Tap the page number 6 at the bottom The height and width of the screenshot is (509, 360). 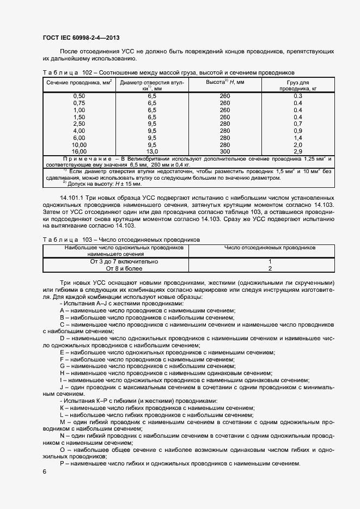click(x=44, y=471)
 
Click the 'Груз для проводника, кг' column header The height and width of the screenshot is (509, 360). click(x=298, y=85)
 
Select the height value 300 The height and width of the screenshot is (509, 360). click(x=225, y=151)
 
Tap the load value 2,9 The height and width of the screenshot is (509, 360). click(x=298, y=151)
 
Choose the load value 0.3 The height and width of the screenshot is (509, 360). click(x=298, y=96)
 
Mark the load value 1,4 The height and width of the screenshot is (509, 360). click(x=298, y=138)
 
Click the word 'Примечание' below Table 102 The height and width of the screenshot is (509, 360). click(x=88, y=158)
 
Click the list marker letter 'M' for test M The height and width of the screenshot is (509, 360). click(x=62, y=422)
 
